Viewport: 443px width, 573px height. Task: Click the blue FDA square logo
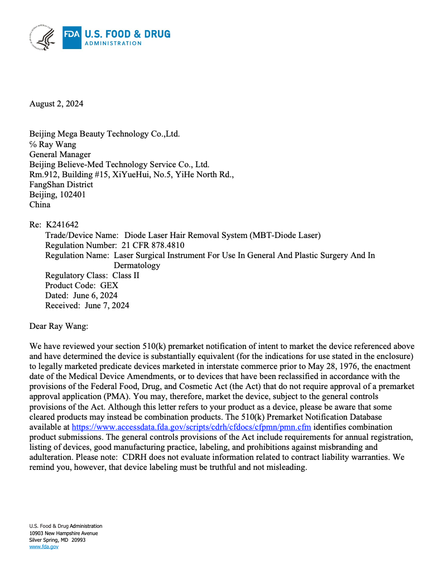coord(72,38)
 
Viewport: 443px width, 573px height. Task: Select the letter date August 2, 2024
coord(56,103)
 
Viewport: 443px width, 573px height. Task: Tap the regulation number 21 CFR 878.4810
coord(152,245)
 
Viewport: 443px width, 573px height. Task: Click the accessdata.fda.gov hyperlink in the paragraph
coord(191,427)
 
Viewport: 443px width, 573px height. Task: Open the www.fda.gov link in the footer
coord(44,547)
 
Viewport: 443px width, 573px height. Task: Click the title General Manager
coord(60,154)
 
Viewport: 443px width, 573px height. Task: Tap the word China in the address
coord(40,205)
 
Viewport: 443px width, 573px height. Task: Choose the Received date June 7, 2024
coord(107,305)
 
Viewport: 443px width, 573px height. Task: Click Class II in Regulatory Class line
coord(126,275)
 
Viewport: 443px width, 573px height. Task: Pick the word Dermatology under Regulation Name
coord(137,265)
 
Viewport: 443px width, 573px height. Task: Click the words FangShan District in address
coord(61,184)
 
